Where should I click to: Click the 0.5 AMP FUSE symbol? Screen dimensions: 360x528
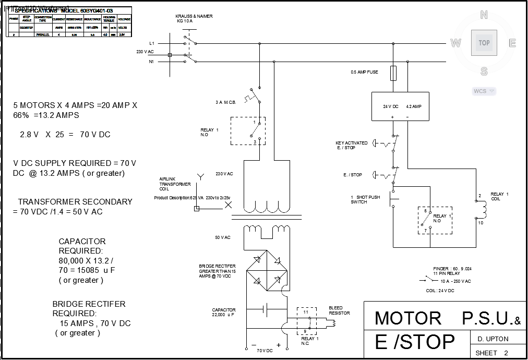click(x=394, y=73)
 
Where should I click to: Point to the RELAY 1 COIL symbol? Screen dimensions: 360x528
click(x=482, y=209)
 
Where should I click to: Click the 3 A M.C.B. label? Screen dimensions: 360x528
click(x=226, y=102)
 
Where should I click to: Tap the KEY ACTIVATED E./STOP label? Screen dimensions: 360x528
click(x=352, y=145)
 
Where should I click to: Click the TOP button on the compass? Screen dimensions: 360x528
click(x=484, y=43)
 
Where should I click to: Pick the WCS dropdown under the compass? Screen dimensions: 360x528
click(x=484, y=91)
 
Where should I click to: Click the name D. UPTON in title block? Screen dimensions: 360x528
click(x=493, y=339)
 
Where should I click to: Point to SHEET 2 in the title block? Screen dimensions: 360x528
click(x=491, y=353)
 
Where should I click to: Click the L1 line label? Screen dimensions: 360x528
click(x=151, y=43)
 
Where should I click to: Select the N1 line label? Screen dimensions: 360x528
click(x=151, y=62)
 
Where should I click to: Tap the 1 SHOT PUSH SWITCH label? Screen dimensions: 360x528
click(x=365, y=199)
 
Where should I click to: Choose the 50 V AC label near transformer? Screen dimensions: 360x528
click(x=223, y=237)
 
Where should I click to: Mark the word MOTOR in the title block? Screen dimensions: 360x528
click(x=408, y=318)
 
